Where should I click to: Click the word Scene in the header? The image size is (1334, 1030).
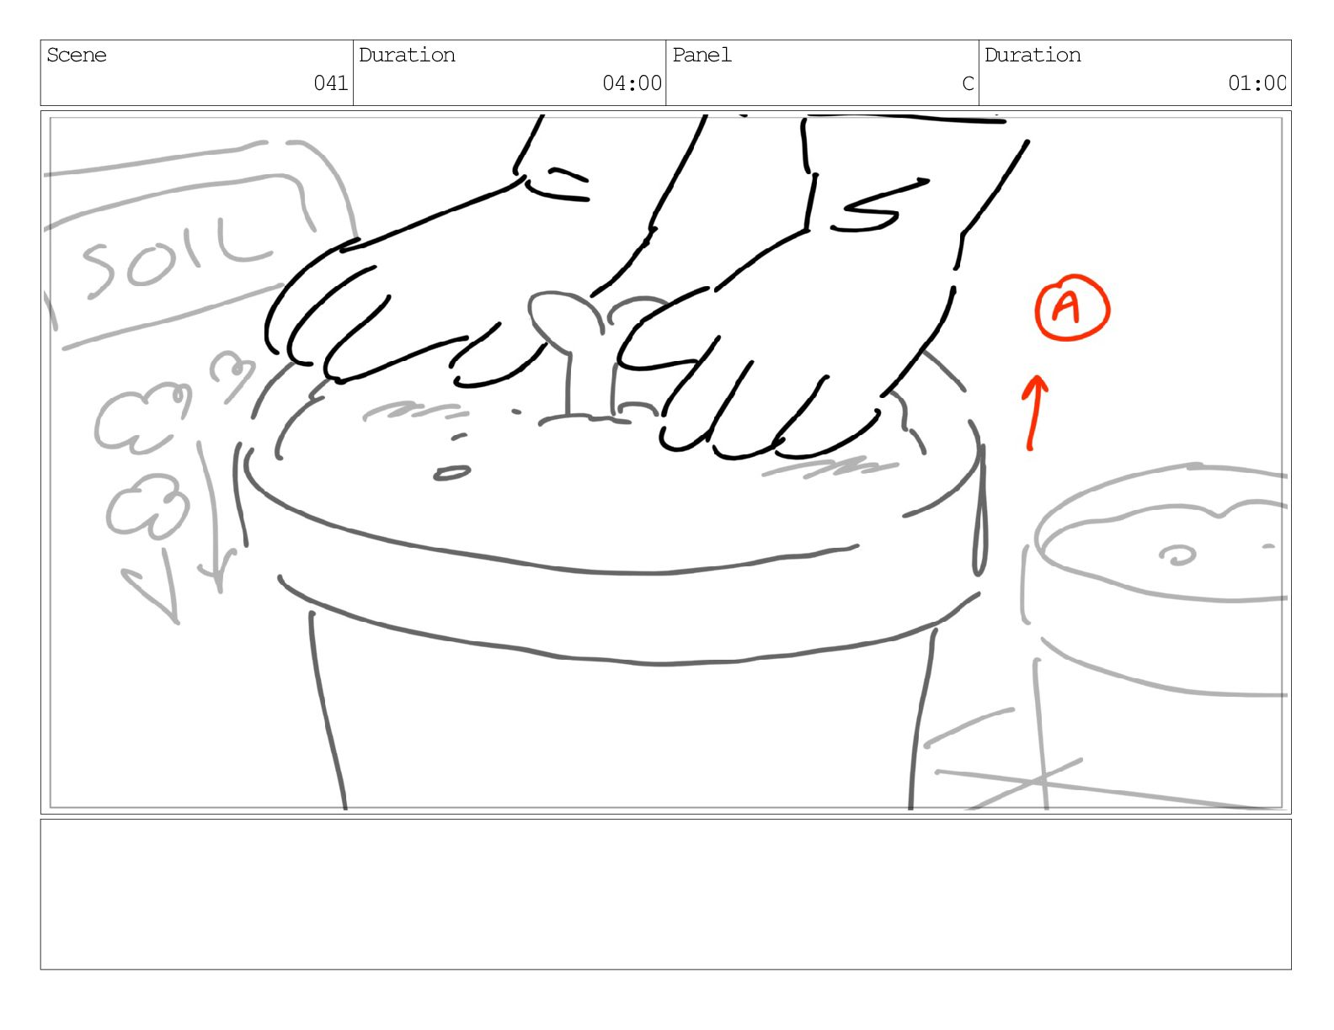(77, 56)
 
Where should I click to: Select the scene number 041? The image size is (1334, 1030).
(331, 82)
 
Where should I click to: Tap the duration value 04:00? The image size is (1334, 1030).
(632, 82)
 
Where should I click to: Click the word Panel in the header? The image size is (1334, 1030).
(702, 56)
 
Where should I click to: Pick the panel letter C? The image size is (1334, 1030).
(968, 82)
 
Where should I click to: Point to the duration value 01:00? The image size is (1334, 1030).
(1257, 82)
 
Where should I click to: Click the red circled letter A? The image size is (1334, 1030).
(1072, 307)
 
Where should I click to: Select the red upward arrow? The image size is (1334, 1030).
(1035, 412)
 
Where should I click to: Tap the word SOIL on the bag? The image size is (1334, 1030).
(175, 257)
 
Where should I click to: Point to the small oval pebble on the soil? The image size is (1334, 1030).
(452, 473)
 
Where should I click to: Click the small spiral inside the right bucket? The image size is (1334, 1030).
(1177, 555)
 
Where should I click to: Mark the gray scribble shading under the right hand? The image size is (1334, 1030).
(829, 468)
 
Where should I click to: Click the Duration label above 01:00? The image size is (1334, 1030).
(1033, 56)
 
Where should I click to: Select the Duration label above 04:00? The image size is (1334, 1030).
(407, 56)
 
